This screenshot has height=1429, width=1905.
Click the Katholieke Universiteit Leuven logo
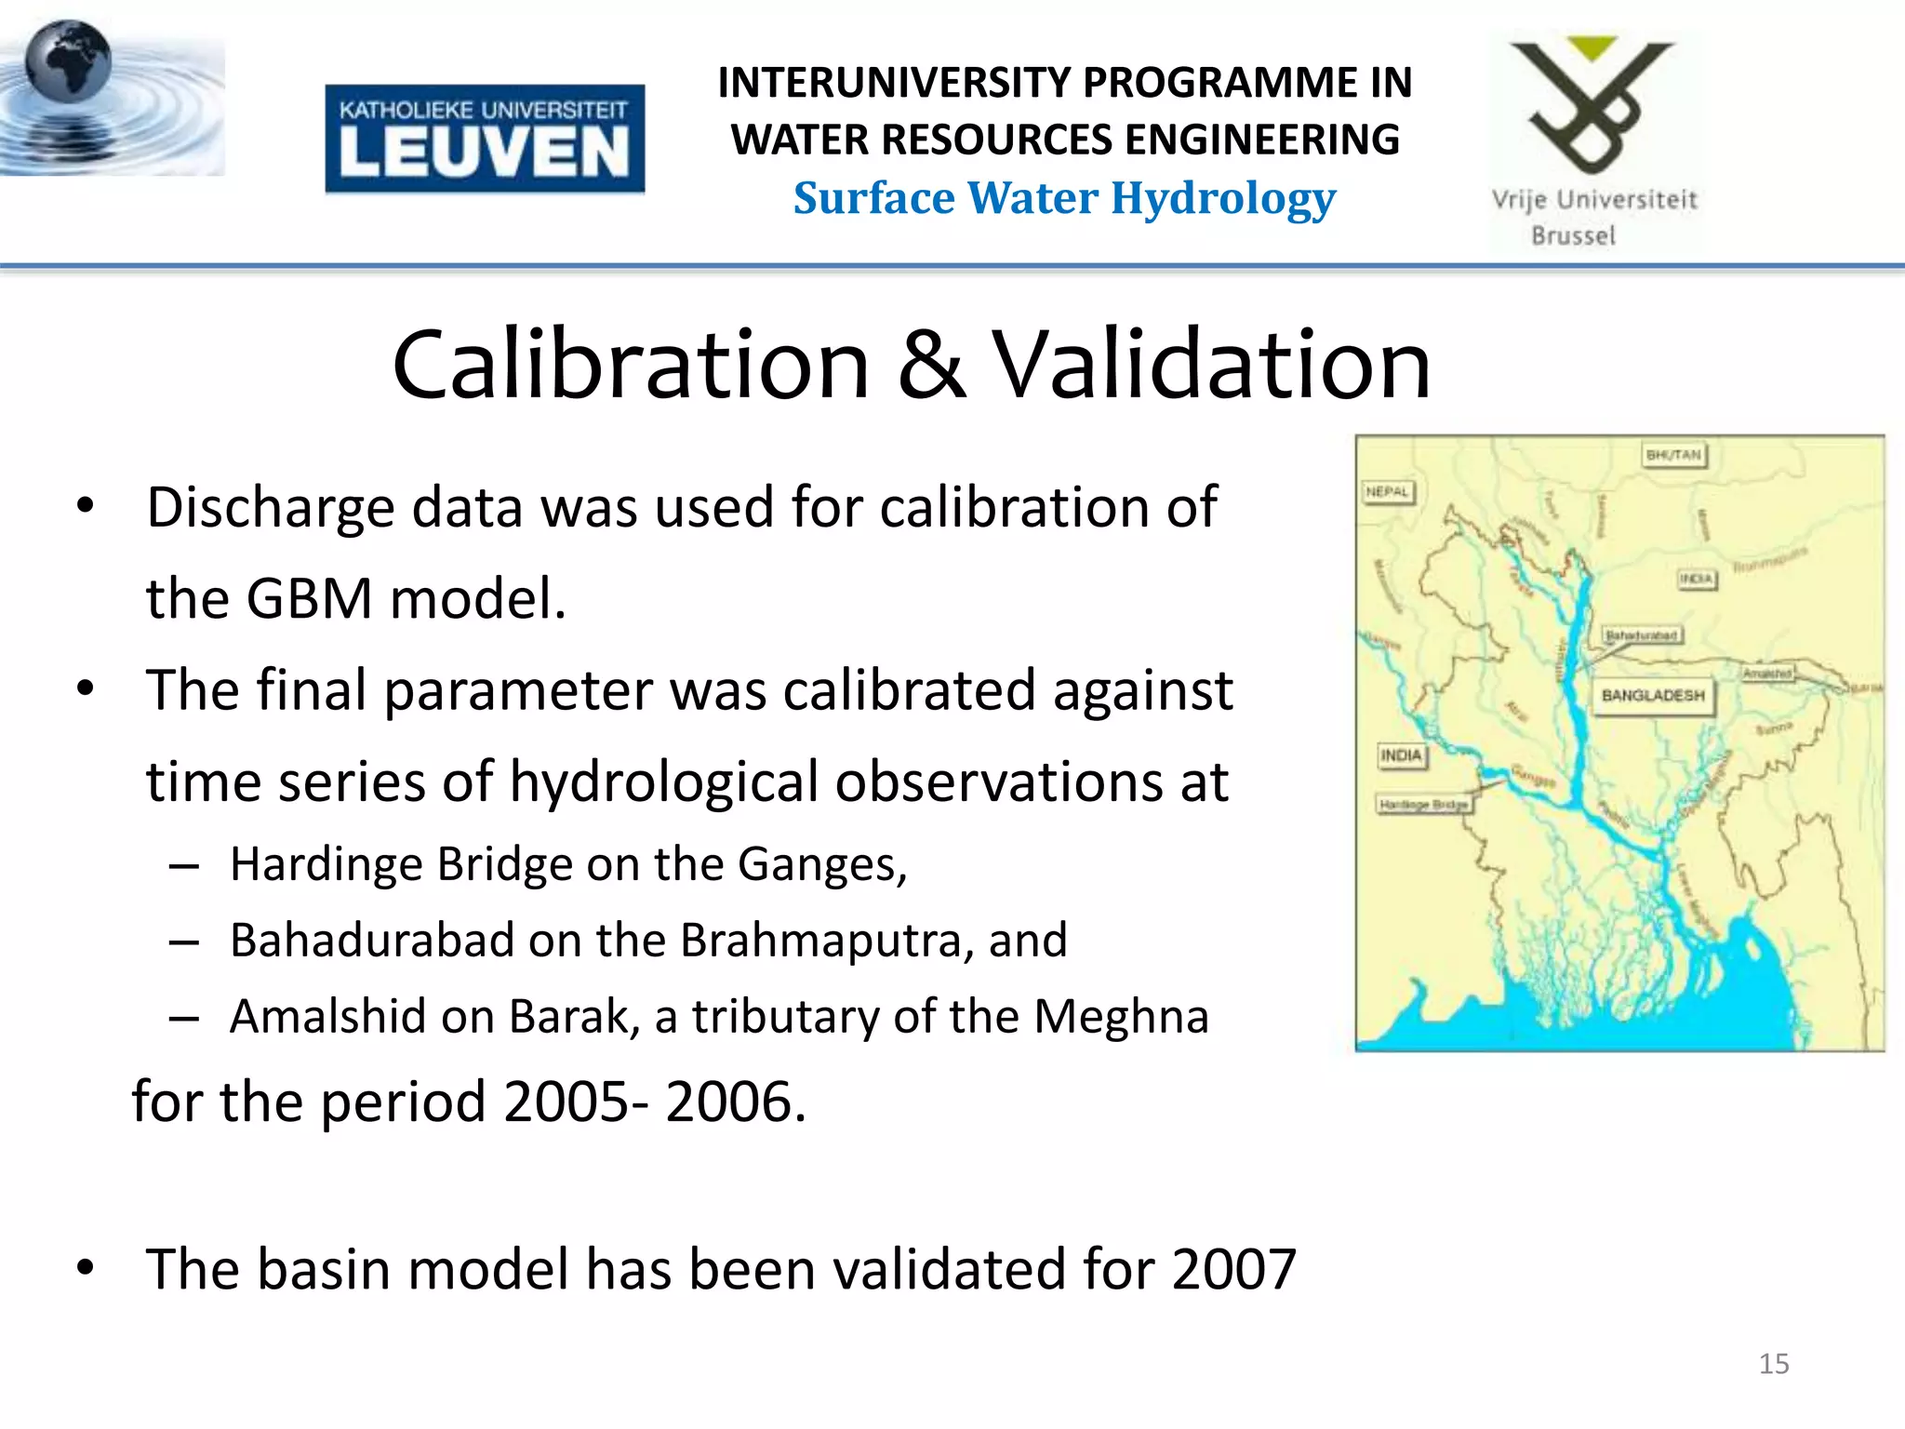pos(485,139)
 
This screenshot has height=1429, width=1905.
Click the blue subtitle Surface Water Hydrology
pos(1064,198)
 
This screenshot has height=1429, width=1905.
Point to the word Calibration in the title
pos(631,365)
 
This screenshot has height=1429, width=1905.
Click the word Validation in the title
pos(1212,365)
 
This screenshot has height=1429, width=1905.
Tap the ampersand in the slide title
pos(931,365)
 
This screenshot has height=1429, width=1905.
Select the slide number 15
pos(1774,1364)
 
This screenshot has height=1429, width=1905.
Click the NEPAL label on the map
pos(1388,492)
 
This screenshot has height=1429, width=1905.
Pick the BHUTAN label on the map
pos(1673,455)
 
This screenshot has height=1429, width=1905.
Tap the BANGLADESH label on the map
pos(1653,695)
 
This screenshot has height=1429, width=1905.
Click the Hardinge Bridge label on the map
pos(1423,804)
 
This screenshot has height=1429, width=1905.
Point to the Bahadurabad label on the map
pos(1642,635)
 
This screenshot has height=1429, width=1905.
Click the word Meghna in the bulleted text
pos(1121,1016)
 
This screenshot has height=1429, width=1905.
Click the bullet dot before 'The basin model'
pos(87,1267)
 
